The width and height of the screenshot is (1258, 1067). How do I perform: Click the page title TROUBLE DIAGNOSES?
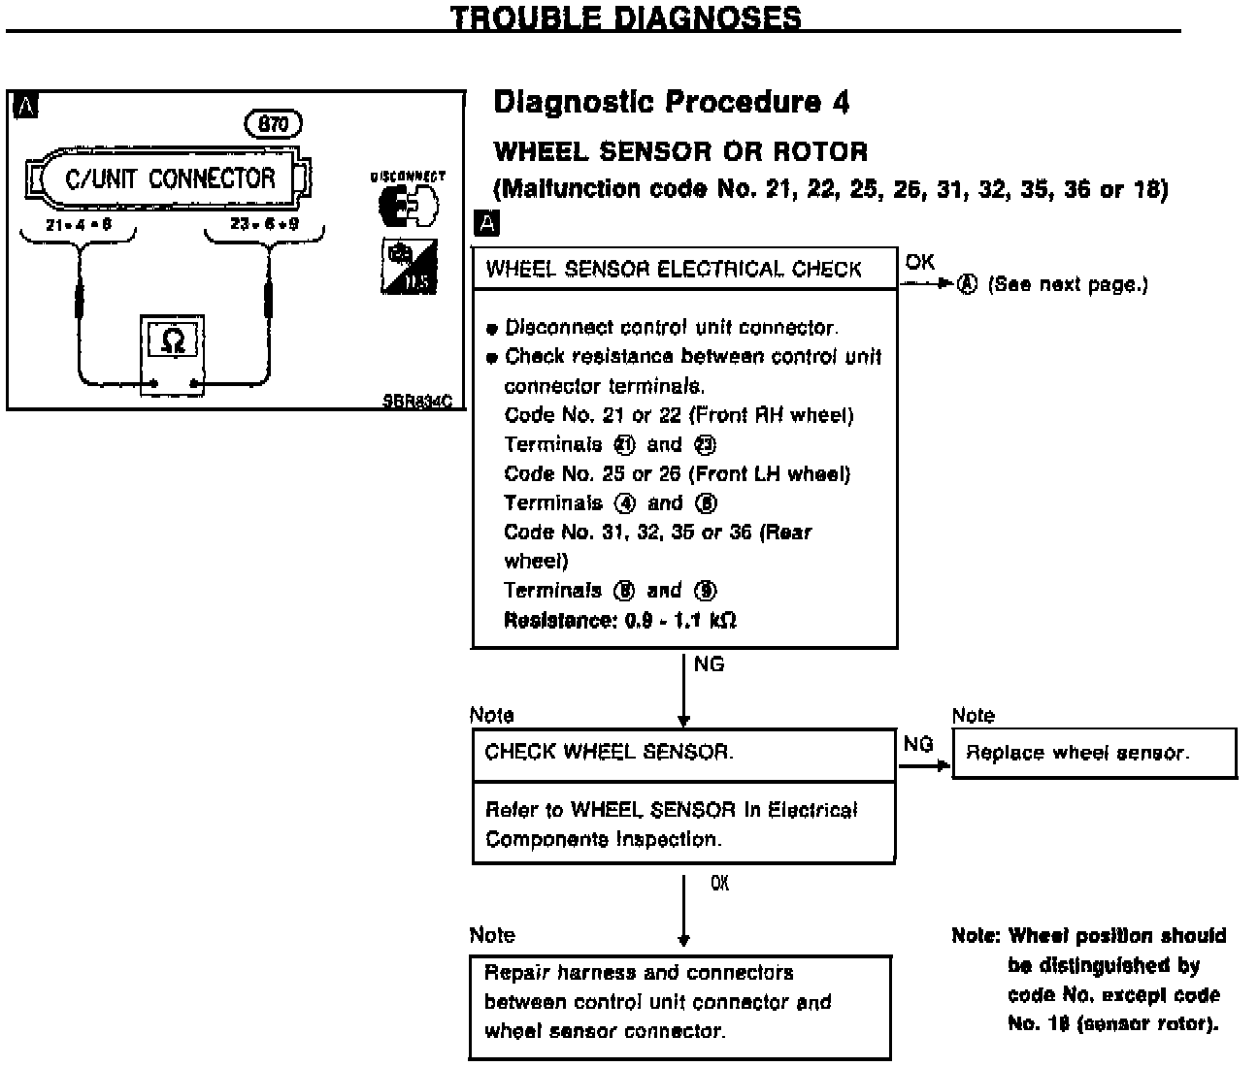(x=627, y=17)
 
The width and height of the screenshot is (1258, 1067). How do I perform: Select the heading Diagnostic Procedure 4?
(x=672, y=103)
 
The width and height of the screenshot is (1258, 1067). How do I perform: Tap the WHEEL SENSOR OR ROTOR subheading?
(x=680, y=151)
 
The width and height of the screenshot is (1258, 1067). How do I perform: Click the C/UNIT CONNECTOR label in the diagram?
(x=170, y=178)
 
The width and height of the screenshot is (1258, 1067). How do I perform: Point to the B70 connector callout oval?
(x=274, y=124)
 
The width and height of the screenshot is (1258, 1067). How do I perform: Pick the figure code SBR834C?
(x=416, y=400)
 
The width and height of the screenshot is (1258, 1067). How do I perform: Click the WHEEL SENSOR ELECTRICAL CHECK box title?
(x=674, y=269)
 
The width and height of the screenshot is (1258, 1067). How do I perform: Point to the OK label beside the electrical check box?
(x=919, y=262)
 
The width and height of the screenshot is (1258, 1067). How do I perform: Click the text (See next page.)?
(x=1067, y=284)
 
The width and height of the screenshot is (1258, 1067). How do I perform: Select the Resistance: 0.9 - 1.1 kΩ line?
(x=619, y=620)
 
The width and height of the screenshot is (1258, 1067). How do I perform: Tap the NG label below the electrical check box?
(x=710, y=664)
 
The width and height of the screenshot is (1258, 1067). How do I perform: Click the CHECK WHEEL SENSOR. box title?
(x=609, y=752)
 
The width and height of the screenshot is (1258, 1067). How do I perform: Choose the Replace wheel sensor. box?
(x=1094, y=753)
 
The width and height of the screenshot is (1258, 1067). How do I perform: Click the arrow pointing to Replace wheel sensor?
(x=924, y=764)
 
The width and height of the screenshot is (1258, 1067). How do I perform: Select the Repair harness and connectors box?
(x=680, y=1002)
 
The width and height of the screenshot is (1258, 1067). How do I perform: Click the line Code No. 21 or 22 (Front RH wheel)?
(x=679, y=415)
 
